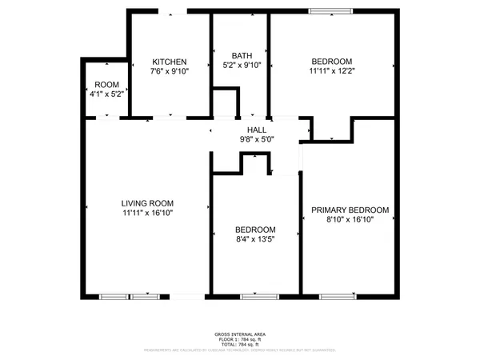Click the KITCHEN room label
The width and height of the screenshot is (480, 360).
pyautogui.click(x=170, y=62)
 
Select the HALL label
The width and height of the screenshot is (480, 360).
pyautogui.click(x=257, y=129)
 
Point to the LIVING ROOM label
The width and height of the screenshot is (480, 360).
pyautogui.click(x=148, y=203)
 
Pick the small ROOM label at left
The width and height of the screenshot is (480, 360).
pyautogui.click(x=106, y=84)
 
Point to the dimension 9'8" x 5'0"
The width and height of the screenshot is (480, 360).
pyautogui.click(x=257, y=139)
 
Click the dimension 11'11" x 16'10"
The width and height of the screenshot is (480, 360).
pyautogui.click(x=148, y=214)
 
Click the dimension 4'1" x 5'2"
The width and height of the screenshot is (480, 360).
pyautogui.click(x=106, y=94)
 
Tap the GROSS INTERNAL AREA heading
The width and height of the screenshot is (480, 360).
pyautogui.click(x=240, y=334)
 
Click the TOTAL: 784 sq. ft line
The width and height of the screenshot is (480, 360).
pyautogui.click(x=240, y=343)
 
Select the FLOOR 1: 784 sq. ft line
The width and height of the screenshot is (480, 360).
pyautogui.click(x=240, y=338)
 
